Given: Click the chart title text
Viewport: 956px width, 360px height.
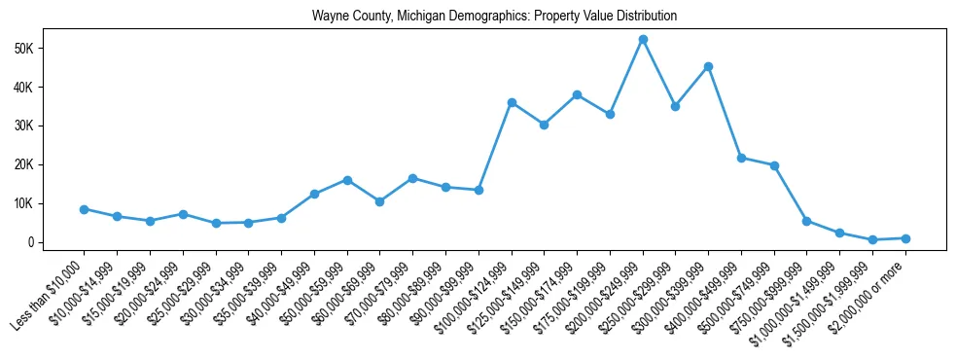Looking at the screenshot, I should click(494, 17).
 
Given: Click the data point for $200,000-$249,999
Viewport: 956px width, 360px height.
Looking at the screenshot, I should click(643, 39).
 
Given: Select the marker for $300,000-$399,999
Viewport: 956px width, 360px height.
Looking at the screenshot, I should click(708, 66).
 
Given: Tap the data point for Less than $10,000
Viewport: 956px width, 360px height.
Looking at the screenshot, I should click(85, 209).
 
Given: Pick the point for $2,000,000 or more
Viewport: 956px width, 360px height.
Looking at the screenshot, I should click(905, 238).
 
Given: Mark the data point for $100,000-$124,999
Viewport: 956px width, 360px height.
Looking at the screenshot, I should click(512, 102).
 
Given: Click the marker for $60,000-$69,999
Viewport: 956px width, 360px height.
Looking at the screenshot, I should click(380, 201).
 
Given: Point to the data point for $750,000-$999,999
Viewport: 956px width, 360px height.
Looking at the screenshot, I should click(806, 221).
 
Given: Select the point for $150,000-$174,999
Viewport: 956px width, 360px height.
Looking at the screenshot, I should click(577, 94).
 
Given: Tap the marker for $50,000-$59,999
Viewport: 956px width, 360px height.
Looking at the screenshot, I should click(347, 180).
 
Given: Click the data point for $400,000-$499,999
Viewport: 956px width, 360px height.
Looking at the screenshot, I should click(741, 158).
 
